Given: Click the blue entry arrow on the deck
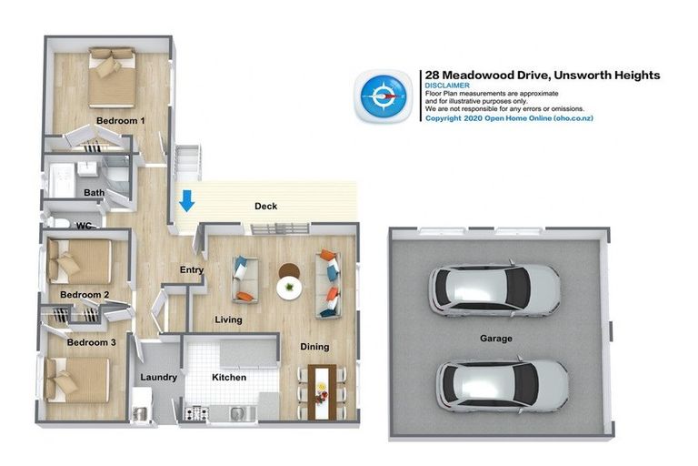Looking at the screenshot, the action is [x=186, y=200].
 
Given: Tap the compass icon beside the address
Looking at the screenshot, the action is [x=384, y=96].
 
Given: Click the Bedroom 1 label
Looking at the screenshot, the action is [x=120, y=120].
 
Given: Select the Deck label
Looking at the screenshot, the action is [x=265, y=206].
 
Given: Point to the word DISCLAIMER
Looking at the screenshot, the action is [x=447, y=86].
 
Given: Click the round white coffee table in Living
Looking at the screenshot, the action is [x=289, y=288].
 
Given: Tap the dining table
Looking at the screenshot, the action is [x=323, y=392].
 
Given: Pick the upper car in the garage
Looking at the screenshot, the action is [x=494, y=289].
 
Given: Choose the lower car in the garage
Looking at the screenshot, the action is [x=502, y=385].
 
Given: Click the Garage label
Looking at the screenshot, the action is [x=496, y=339].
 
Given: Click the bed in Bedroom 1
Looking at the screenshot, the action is [x=112, y=77].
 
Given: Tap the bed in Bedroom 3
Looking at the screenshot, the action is [x=77, y=380].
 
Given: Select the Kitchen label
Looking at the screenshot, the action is [x=229, y=377].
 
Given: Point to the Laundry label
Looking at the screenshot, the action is [x=158, y=377].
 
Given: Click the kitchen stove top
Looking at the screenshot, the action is [x=196, y=413].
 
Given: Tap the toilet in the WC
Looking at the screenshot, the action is [x=57, y=222].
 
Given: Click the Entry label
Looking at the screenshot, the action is [x=192, y=269].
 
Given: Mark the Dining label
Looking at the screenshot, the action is [x=314, y=347].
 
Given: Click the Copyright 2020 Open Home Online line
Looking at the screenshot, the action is [x=509, y=118].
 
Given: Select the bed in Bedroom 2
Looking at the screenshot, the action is [x=79, y=262].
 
